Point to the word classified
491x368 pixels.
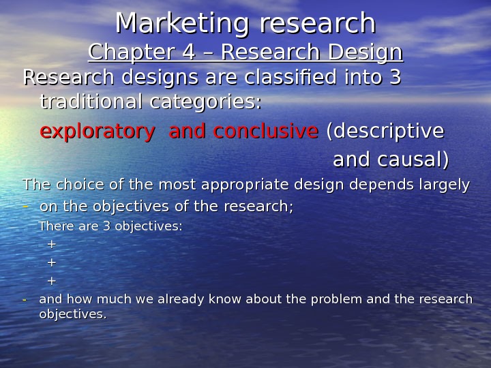click(x=270, y=78)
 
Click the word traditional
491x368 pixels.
click(x=90, y=103)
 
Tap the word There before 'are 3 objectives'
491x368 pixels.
click(x=55, y=226)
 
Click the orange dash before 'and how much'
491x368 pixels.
click(x=25, y=300)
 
